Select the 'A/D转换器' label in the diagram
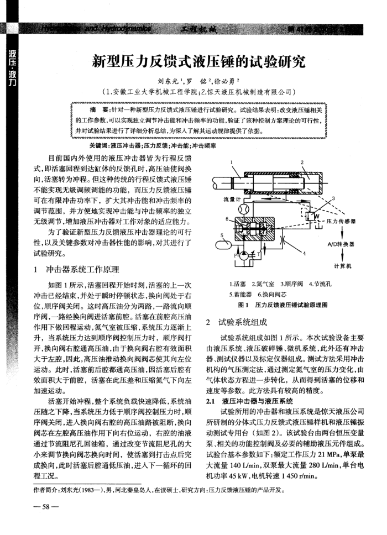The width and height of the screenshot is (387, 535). pos(339,244)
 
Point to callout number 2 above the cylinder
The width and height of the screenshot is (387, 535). pos(302,162)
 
